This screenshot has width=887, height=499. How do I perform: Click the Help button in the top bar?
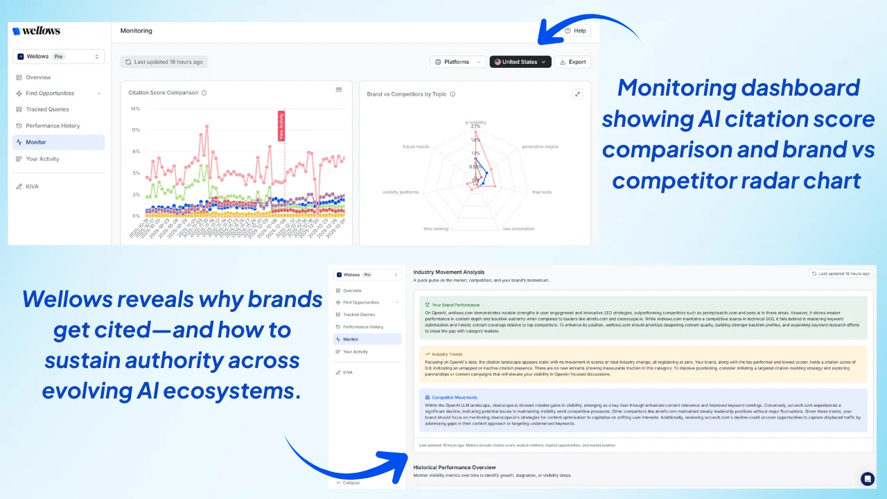(575, 30)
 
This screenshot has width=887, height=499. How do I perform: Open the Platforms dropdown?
(457, 62)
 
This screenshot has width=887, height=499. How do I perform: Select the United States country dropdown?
(520, 62)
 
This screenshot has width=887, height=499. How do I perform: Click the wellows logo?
(37, 31)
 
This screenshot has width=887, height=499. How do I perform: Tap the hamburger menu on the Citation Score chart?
(339, 89)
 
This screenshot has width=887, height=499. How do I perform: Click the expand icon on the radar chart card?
(577, 94)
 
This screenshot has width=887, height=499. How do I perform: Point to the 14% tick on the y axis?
(136, 109)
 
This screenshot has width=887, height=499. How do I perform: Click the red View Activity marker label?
(281, 126)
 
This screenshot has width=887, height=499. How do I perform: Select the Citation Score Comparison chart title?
(164, 93)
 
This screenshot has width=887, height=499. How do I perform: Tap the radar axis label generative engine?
(540, 147)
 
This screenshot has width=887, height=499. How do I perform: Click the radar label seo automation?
(518, 229)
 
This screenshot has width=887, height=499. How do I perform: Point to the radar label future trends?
(416, 147)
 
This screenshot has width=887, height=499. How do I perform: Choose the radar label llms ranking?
(436, 229)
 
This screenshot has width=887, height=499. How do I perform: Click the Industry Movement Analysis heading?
(449, 272)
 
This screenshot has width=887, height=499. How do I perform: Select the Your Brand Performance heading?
(455, 305)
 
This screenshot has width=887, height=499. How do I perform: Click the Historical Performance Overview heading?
(455, 467)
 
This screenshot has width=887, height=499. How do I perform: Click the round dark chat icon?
(868, 478)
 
